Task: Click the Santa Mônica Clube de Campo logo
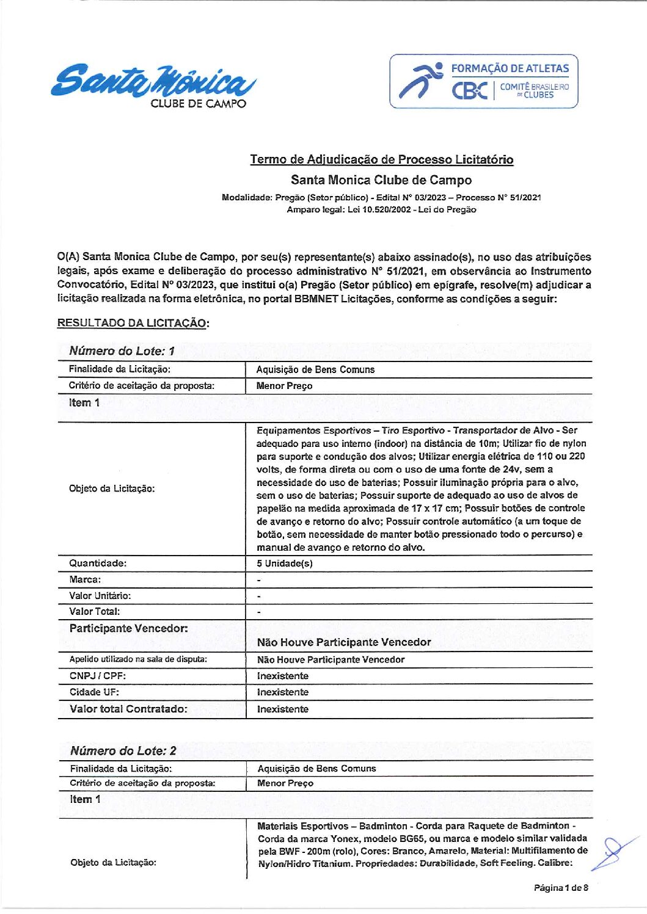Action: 153,84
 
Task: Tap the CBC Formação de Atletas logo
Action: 483,81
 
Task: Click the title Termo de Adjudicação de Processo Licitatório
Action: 381,159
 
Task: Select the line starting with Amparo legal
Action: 381,209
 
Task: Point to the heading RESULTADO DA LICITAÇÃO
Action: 133,323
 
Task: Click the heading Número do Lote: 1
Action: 122,350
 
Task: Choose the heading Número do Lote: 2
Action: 123,750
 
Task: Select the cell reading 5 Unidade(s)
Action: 284,563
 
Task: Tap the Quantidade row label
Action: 98,563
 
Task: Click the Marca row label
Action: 85,579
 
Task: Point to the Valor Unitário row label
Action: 100,595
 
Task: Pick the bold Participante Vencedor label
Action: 128,628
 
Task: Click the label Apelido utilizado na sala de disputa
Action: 138,659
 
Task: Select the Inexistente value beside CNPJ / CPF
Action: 282,676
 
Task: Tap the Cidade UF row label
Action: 94,692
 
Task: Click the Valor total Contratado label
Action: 128,709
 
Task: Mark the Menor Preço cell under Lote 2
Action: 285,783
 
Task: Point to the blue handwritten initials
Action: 613,851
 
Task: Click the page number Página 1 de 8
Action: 560,887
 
